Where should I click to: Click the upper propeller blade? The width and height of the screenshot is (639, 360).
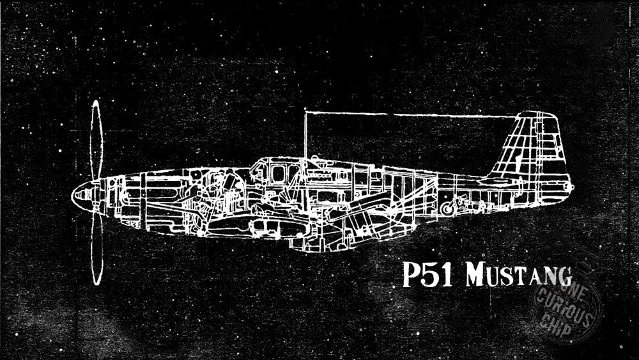pos(96,141)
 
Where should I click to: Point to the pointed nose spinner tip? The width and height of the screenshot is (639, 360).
pos(74,191)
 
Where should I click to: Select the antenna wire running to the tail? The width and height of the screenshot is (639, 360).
pos(409,115)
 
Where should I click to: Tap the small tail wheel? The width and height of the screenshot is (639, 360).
pos(447,208)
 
